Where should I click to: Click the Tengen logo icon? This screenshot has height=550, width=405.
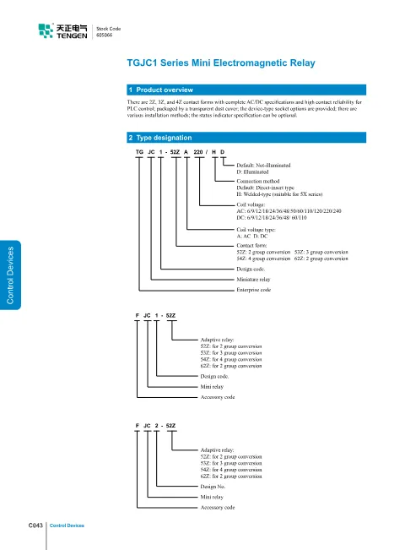(46, 30)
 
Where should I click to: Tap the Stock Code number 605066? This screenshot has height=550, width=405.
(104, 35)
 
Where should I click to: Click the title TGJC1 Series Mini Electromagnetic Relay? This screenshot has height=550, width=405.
(221, 63)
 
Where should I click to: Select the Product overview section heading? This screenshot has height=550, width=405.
(165, 90)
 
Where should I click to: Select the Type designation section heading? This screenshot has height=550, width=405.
(164, 138)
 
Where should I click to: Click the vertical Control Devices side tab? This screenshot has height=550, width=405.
(10, 275)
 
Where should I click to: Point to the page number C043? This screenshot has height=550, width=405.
(35, 525)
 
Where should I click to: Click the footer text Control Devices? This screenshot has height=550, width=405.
(67, 525)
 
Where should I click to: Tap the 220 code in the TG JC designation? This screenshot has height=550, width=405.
(198, 152)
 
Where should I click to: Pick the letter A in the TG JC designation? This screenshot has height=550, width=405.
(186, 152)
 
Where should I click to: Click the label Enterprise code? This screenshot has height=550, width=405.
(254, 290)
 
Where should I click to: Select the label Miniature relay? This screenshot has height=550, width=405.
(253, 279)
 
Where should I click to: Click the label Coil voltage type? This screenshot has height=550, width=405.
(256, 230)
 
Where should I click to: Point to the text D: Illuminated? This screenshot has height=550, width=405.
(252, 172)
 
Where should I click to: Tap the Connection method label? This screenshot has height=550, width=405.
(258, 181)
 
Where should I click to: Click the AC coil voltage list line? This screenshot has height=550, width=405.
(289, 211)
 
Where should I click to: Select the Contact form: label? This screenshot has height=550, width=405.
(251, 246)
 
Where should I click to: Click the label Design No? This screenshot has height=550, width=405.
(213, 487)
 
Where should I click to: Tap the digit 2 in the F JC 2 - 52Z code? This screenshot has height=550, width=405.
(157, 426)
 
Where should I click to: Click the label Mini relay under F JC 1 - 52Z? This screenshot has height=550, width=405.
(212, 387)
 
